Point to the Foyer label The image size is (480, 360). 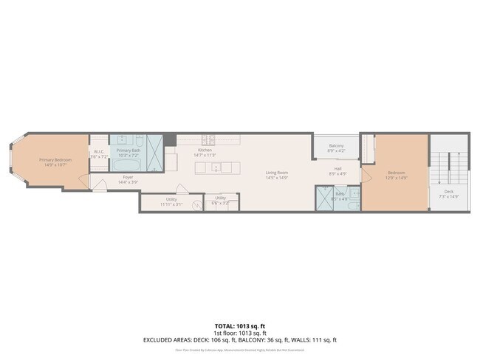[x=128, y=177]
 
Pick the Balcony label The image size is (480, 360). [x=336, y=146]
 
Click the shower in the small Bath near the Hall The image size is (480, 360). [x=325, y=198]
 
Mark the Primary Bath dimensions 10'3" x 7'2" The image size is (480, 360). [x=128, y=155]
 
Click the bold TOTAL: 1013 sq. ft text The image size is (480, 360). [x=240, y=325]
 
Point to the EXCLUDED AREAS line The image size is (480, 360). [x=240, y=339]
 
